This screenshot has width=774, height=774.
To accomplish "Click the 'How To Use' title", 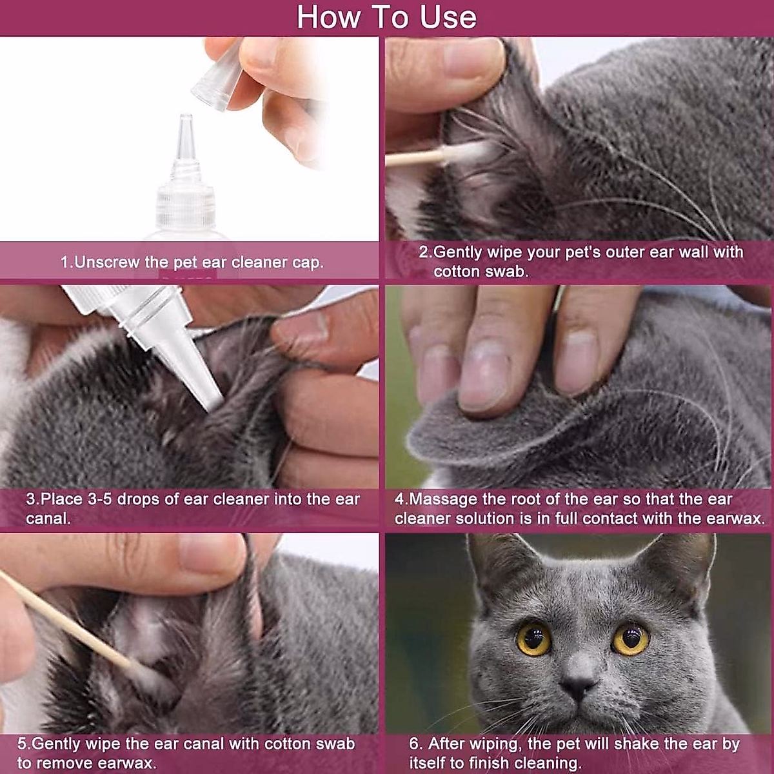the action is pyautogui.click(x=386, y=17).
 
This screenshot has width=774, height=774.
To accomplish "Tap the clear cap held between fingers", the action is pyautogui.click(x=217, y=76).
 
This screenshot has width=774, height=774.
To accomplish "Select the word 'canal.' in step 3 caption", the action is pyautogui.click(x=48, y=518).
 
